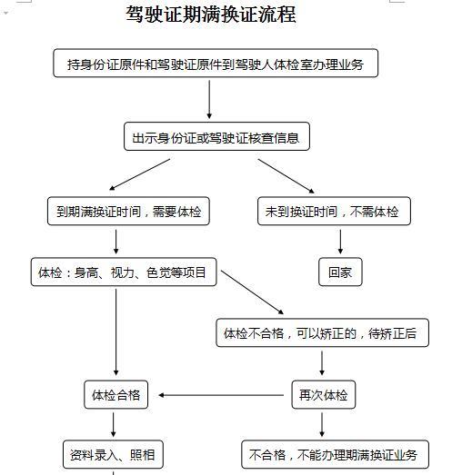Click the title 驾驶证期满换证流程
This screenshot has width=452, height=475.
pyautogui.click(x=211, y=15)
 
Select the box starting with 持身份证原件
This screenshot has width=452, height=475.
pyautogui.click(x=216, y=63)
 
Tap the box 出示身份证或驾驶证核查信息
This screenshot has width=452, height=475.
pyautogui.click(x=216, y=136)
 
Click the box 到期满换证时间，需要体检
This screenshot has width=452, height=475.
pyautogui.click(x=128, y=211)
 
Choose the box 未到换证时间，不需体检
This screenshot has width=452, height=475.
pyautogui.click(x=334, y=211)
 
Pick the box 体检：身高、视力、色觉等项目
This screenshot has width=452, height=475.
pyautogui.click(x=124, y=272)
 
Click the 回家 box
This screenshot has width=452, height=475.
pyautogui.click(x=340, y=272)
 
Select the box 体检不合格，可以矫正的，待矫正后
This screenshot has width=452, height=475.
pyautogui.click(x=323, y=332)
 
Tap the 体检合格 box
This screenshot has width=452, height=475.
pyautogui.click(x=116, y=395)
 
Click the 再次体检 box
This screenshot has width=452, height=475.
pyautogui.click(x=324, y=395)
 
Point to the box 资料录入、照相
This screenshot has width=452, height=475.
pyautogui.click(x=113, y=454)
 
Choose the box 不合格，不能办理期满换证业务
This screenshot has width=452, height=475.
pyautogui.click(x=336, y=454)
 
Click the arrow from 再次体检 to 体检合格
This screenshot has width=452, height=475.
pyautogui.click(x=221, y=395)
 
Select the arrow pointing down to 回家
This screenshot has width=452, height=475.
pyautogui.click(x=340, y=242)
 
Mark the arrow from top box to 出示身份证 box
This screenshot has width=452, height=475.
pyautogui.click(x=209, y=99)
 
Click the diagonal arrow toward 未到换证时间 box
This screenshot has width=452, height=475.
pyautogui.click(x=286, y=176)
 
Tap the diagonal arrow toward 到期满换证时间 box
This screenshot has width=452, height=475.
pyautogui.click(x=139, y=174)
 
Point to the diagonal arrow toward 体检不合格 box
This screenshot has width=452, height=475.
pyautogui.click(x=253, y=292)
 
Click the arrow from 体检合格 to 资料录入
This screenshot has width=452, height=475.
pyautogui.click(x=113, y=425)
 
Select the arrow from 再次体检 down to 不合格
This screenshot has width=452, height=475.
pyautogui.click(x=322, y=425)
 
